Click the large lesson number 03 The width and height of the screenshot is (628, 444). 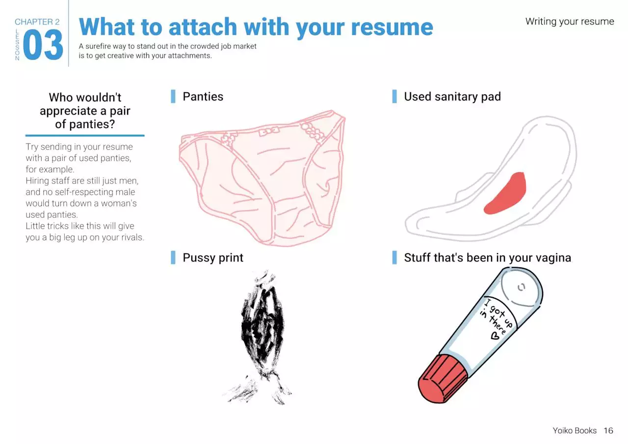[43, 45]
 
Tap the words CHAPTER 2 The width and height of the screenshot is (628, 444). [37, 22]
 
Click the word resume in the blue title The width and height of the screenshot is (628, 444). [392, 27]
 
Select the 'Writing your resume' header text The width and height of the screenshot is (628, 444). [570, 21]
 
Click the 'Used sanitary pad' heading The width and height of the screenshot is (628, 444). [452, 97]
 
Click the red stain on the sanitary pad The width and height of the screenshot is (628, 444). [505, 193]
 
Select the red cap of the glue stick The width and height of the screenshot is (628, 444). [443, 378]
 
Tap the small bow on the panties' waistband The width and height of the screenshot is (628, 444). [269, 131]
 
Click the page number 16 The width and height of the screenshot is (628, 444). [608, 431]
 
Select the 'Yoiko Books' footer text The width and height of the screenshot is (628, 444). [575, 431]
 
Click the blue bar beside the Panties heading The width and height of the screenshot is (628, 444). [173, 97]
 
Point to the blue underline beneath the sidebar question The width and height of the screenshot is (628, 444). [85, 136]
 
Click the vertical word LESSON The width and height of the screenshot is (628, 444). [17, 45]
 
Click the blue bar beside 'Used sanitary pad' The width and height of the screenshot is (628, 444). [394, 97]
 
